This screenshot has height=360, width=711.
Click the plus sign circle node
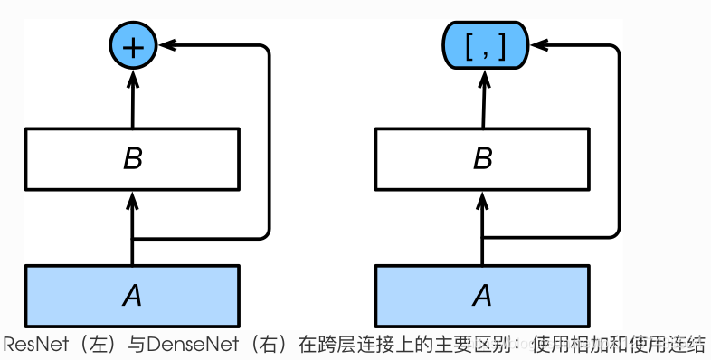133,45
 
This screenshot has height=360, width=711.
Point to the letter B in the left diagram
133,159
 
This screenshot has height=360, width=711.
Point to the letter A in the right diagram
483,294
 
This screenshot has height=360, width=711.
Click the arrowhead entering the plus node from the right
166,43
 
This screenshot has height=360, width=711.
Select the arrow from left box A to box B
133,226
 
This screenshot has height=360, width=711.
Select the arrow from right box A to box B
483,226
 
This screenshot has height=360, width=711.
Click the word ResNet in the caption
34,345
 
